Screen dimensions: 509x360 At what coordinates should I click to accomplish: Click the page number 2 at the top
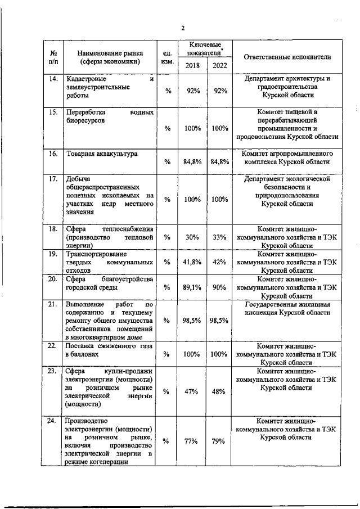click(x=183, y=28)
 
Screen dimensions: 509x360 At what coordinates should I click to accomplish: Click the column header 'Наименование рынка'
click(x=109, y=57)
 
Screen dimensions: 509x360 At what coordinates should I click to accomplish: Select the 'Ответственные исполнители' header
click(x=287, y=57)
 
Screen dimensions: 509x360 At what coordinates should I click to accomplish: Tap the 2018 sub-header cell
click(x=192, y=66)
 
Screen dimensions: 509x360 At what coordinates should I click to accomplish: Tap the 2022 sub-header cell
click(x=219, y=66)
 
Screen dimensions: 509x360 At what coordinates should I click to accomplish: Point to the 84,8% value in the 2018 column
click(x=192, y=162)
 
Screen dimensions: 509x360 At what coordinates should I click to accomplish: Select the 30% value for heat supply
click(x=192, y=237)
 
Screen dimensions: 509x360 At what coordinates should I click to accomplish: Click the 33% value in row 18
click(x=219, y=237)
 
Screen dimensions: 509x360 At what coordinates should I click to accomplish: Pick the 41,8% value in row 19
click(x=192, y=262)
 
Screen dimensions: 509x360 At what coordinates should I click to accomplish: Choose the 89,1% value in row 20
click(x=192, y=287)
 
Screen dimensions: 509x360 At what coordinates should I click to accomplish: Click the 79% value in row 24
click(x=219, y=442)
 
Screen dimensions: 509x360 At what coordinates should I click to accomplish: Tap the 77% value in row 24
click(x=192, y=442)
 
